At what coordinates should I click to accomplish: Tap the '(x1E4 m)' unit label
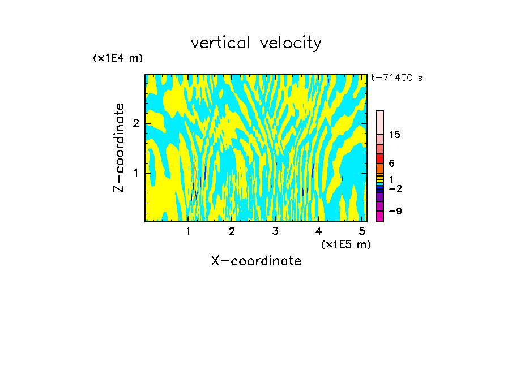118,58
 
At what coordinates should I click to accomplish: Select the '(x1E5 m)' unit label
345,244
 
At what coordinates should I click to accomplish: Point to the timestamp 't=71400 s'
396,78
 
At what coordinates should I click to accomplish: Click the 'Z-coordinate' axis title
119,148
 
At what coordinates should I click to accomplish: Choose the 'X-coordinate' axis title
256,261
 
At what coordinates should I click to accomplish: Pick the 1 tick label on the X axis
188,231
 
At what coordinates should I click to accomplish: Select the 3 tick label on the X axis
275,231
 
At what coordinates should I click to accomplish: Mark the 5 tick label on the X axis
362,231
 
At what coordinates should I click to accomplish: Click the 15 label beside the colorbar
395,135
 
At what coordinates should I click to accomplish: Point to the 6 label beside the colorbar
391,163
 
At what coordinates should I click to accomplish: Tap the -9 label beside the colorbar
395,211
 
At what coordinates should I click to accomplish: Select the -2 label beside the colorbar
395,188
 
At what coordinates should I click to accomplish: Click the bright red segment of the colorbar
379,159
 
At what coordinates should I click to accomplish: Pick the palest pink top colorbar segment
379,122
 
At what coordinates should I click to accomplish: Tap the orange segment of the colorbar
379,168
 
